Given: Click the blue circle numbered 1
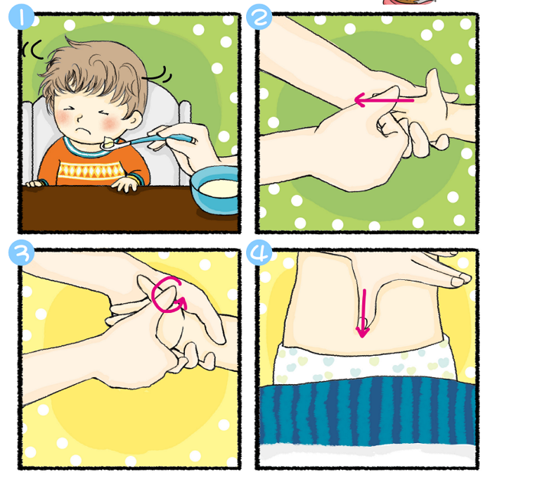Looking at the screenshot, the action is click(x=21, y=17).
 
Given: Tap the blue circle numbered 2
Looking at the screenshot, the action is click(x=259, y=17).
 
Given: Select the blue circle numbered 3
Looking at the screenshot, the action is click(x=21, y=253).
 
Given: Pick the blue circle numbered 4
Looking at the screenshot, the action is click(x=259, y=253).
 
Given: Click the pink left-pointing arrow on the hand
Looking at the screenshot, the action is click(x=384, y=100).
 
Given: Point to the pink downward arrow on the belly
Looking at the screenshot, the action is click(x=363, y=314).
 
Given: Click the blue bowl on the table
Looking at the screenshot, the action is click(x=215, y=190).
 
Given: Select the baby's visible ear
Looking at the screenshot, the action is click(x=134, y=119).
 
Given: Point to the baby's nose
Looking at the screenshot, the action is click(x=79, y=119).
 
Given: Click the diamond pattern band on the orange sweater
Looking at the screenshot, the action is click(x=91, y=170).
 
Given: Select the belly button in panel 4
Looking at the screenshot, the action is click(x=363, y=323).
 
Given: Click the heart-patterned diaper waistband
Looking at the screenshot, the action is click(x=365, y=363).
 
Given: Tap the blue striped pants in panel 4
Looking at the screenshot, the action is click(x=368, y=411).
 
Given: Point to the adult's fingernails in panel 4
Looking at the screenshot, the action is click(x=461, y=279).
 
